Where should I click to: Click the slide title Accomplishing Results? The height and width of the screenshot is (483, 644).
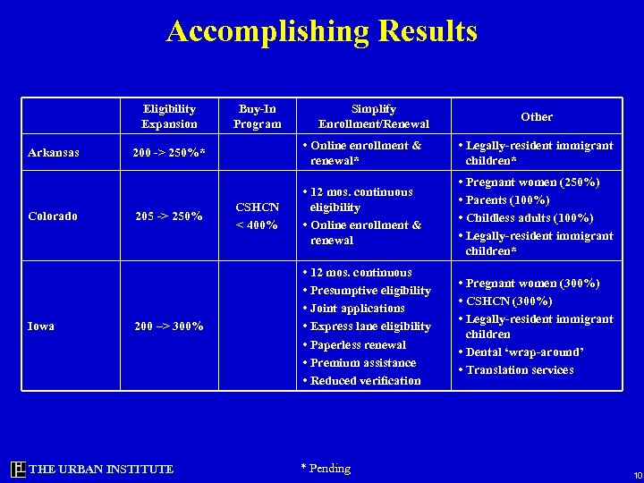click(x=322, y=31)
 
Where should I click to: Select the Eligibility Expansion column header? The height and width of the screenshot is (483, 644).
click(x=169, y=116)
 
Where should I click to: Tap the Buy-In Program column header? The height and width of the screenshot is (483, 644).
click(x=257, y=116)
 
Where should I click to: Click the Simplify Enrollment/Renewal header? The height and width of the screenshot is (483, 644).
click(x=374, y=116)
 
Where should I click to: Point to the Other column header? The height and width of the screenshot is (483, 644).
click(x=537, y=117)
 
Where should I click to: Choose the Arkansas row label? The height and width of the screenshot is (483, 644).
click(x=54, y=153)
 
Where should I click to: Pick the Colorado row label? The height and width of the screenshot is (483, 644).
click(x=53, y=216)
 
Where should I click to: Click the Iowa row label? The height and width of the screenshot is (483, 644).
click(x=40, y=326)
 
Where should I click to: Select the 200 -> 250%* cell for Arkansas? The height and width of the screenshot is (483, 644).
click(x=169, y=153)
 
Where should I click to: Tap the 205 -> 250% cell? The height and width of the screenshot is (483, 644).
click(x=169, y=216)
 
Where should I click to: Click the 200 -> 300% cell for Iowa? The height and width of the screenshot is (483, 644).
click(x=169, y=326)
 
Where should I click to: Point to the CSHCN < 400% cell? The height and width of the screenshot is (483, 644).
click(x=257, y=216)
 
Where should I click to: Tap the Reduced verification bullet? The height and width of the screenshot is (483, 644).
click(x=365, y=380)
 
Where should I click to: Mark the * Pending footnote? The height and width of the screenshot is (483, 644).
click(x=326, y=468)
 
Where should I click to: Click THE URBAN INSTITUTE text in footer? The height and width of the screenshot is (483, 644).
click(x=101, y=469)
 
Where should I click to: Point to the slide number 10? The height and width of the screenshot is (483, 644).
click(x=637, y=474)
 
